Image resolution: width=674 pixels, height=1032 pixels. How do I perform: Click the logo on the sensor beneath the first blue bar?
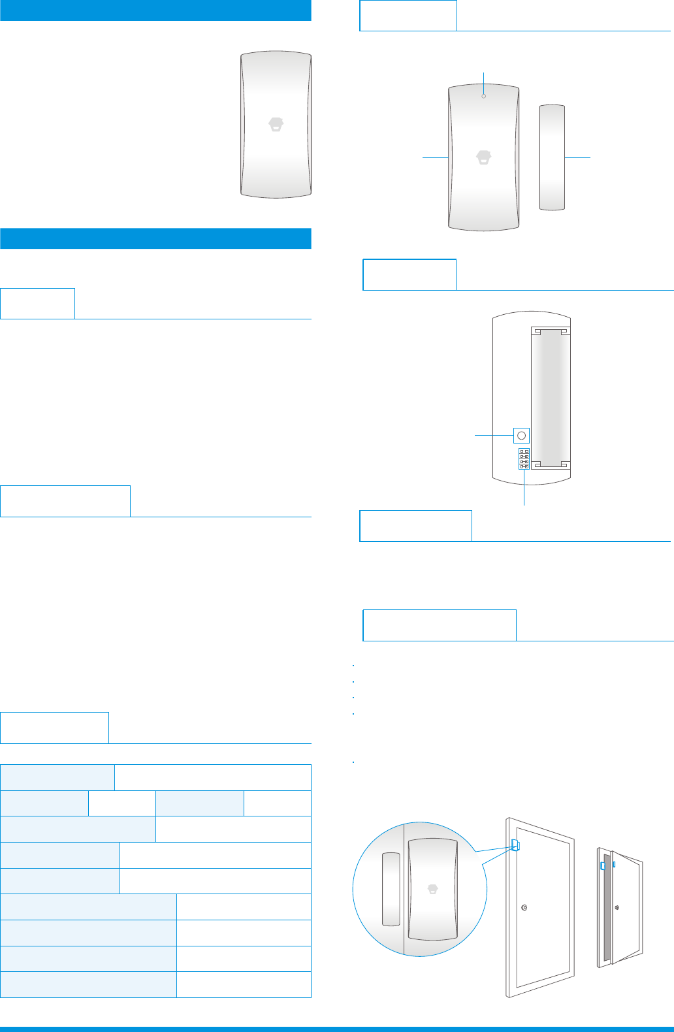click(x=277, y=125)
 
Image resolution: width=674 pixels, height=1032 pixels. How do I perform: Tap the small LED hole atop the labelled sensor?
click(x=483, y=96)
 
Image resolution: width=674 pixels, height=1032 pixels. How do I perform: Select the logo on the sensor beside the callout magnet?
click(x=483, y=157)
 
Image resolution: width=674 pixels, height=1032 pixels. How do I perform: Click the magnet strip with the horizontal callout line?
click(x=552, y=157)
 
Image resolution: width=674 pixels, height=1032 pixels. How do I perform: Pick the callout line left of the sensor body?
click(x=435, y=157)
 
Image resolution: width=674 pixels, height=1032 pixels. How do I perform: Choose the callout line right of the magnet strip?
click(x=577, y=157)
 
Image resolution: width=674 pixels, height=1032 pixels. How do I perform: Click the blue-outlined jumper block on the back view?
click(x=524, y=459)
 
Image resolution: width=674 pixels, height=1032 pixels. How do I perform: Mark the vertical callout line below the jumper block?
click(x=524, y=487)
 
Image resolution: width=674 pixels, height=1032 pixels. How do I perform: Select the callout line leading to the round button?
click(x=493, y=434)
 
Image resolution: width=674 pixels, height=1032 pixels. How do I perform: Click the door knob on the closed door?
click(x=524, y=907)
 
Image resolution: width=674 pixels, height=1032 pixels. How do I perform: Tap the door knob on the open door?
click(x=617, y=907)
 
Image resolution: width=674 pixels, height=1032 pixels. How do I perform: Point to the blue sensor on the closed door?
click(x=515, y=845)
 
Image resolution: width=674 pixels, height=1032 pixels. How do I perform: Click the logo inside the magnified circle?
click(x=432, y=889)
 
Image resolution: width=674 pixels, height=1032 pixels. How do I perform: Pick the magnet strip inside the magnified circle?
click(x=391, y=889)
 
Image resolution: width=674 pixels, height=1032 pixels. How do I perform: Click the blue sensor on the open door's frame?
click(x=603, y=865)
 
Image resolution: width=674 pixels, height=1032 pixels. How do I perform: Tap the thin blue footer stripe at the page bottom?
click(x=337, y=1029)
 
